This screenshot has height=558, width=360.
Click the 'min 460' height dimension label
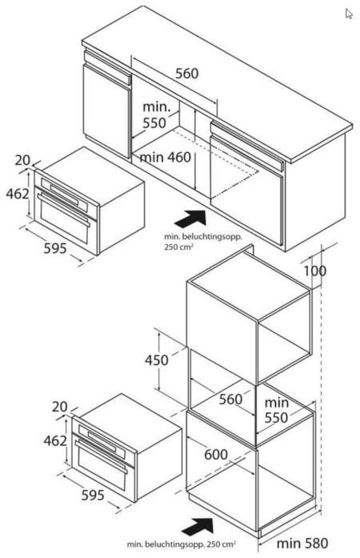tap(165, 157)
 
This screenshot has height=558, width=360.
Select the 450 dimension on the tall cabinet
tap(157, 360)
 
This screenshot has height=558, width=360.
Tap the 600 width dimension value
tap(216, 455)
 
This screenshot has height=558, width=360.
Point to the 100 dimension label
tap(315, 271)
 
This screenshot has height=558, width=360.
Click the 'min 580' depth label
tap(302, 544)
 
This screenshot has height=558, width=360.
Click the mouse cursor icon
tap(349, 14)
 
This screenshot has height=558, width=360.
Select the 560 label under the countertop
tap(186, 74)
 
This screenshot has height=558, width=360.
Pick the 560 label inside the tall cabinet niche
tap(230, 399)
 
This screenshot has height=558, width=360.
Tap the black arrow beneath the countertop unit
tap(190, 219)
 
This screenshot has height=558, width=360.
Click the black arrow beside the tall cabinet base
tap(198, 527)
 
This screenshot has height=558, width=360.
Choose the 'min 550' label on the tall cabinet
tap(277, 410)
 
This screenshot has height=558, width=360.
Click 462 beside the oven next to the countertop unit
tap(18, 194)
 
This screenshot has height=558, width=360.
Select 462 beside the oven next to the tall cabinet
tap(55, 441)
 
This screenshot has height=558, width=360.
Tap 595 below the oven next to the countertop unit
tap(55, 248)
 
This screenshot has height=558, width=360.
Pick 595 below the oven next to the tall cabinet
tap(93, 495)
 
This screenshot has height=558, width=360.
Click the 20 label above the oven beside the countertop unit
tap(22, 160)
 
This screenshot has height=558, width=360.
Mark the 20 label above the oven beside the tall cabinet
tap(60, 407)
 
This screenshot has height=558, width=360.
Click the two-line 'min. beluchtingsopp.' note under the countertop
tap(202, 242)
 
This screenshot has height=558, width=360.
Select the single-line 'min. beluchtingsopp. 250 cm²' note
tap(181, 544)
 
